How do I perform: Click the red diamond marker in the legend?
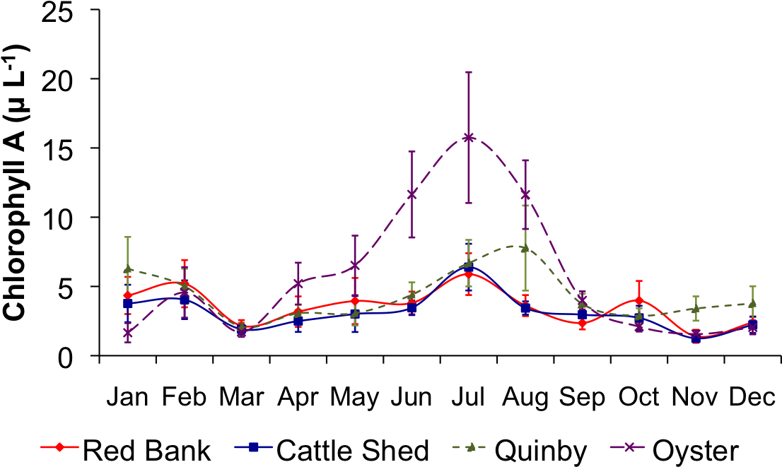click(59, 447)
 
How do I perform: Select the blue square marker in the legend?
click(254, 447)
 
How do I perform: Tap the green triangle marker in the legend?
click(471, 447)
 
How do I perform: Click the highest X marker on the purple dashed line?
click(469, 137)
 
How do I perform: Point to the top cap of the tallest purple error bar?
click(469, 72)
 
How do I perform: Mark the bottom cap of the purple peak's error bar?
click(469, 203)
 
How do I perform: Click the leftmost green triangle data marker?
click(128, 269)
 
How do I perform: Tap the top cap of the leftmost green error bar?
click(128, 237)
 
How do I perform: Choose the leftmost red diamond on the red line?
click(128, 295)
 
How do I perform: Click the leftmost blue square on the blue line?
click(128, 304)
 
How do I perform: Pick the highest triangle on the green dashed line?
click(525, 248)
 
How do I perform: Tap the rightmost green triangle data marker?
click(752, 304)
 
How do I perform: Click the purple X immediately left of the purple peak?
click(412, 194)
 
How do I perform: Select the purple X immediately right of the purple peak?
click(525, 194)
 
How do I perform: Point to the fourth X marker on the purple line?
click(298, 283)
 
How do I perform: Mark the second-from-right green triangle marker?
click(696, 309)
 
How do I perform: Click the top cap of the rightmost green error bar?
click(752, 286)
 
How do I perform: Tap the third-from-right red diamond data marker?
click(639, 300)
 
